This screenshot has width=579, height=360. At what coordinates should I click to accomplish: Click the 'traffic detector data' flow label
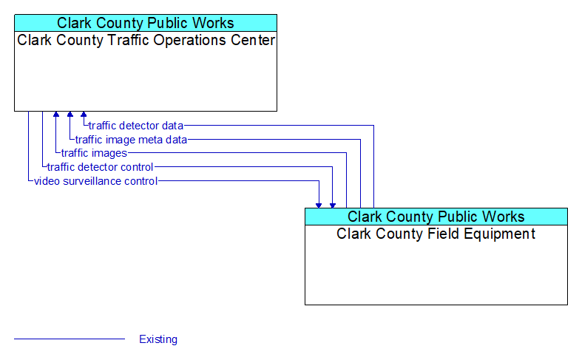pyautogui.click(x=136, y=126)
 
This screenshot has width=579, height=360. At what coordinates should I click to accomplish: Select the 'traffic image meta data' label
pyautogui.click(x=131, y=140)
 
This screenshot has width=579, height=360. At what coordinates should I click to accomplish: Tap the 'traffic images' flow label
pyautogui.click(x=94, y=153)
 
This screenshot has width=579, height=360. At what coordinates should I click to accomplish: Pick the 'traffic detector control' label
pyautogui.click(x=100, y=167)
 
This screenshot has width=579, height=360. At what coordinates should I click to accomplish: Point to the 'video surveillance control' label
pyautogui.click(x=96, y=181)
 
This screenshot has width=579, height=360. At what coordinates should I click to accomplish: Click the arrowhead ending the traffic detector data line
pyautogui.click(x=84, y=114)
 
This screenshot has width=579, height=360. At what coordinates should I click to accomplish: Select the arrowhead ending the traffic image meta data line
pyautogui.click(x=70, y=114)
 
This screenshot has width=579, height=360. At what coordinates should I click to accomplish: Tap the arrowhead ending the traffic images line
pyautogui.click(x=56, y=114)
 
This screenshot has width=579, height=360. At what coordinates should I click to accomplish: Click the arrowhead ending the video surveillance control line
pyautogui.click(x=319, y=206)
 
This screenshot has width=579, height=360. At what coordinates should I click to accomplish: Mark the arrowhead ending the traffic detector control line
pyautogui.click(x=333, y=206)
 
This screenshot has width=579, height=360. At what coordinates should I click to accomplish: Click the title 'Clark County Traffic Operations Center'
pyautogui.click(x=146, y=40)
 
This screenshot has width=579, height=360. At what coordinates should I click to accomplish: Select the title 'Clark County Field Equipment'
pyautogui.click(x=436, y=234)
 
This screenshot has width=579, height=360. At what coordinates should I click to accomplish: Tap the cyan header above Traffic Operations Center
pyautogui.click(x=146, y=23)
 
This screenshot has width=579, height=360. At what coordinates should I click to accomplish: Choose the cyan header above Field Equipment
pyautogui.click(x=436, y=217)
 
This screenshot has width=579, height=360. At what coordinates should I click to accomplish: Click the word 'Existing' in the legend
pyautogui.click(x=158, y=339)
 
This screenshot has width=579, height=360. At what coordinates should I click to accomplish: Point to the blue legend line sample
pyautogui.click(x=70, y=339)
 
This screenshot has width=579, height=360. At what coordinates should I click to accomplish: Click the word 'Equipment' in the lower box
pyautogui.click(x=500, y=234)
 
